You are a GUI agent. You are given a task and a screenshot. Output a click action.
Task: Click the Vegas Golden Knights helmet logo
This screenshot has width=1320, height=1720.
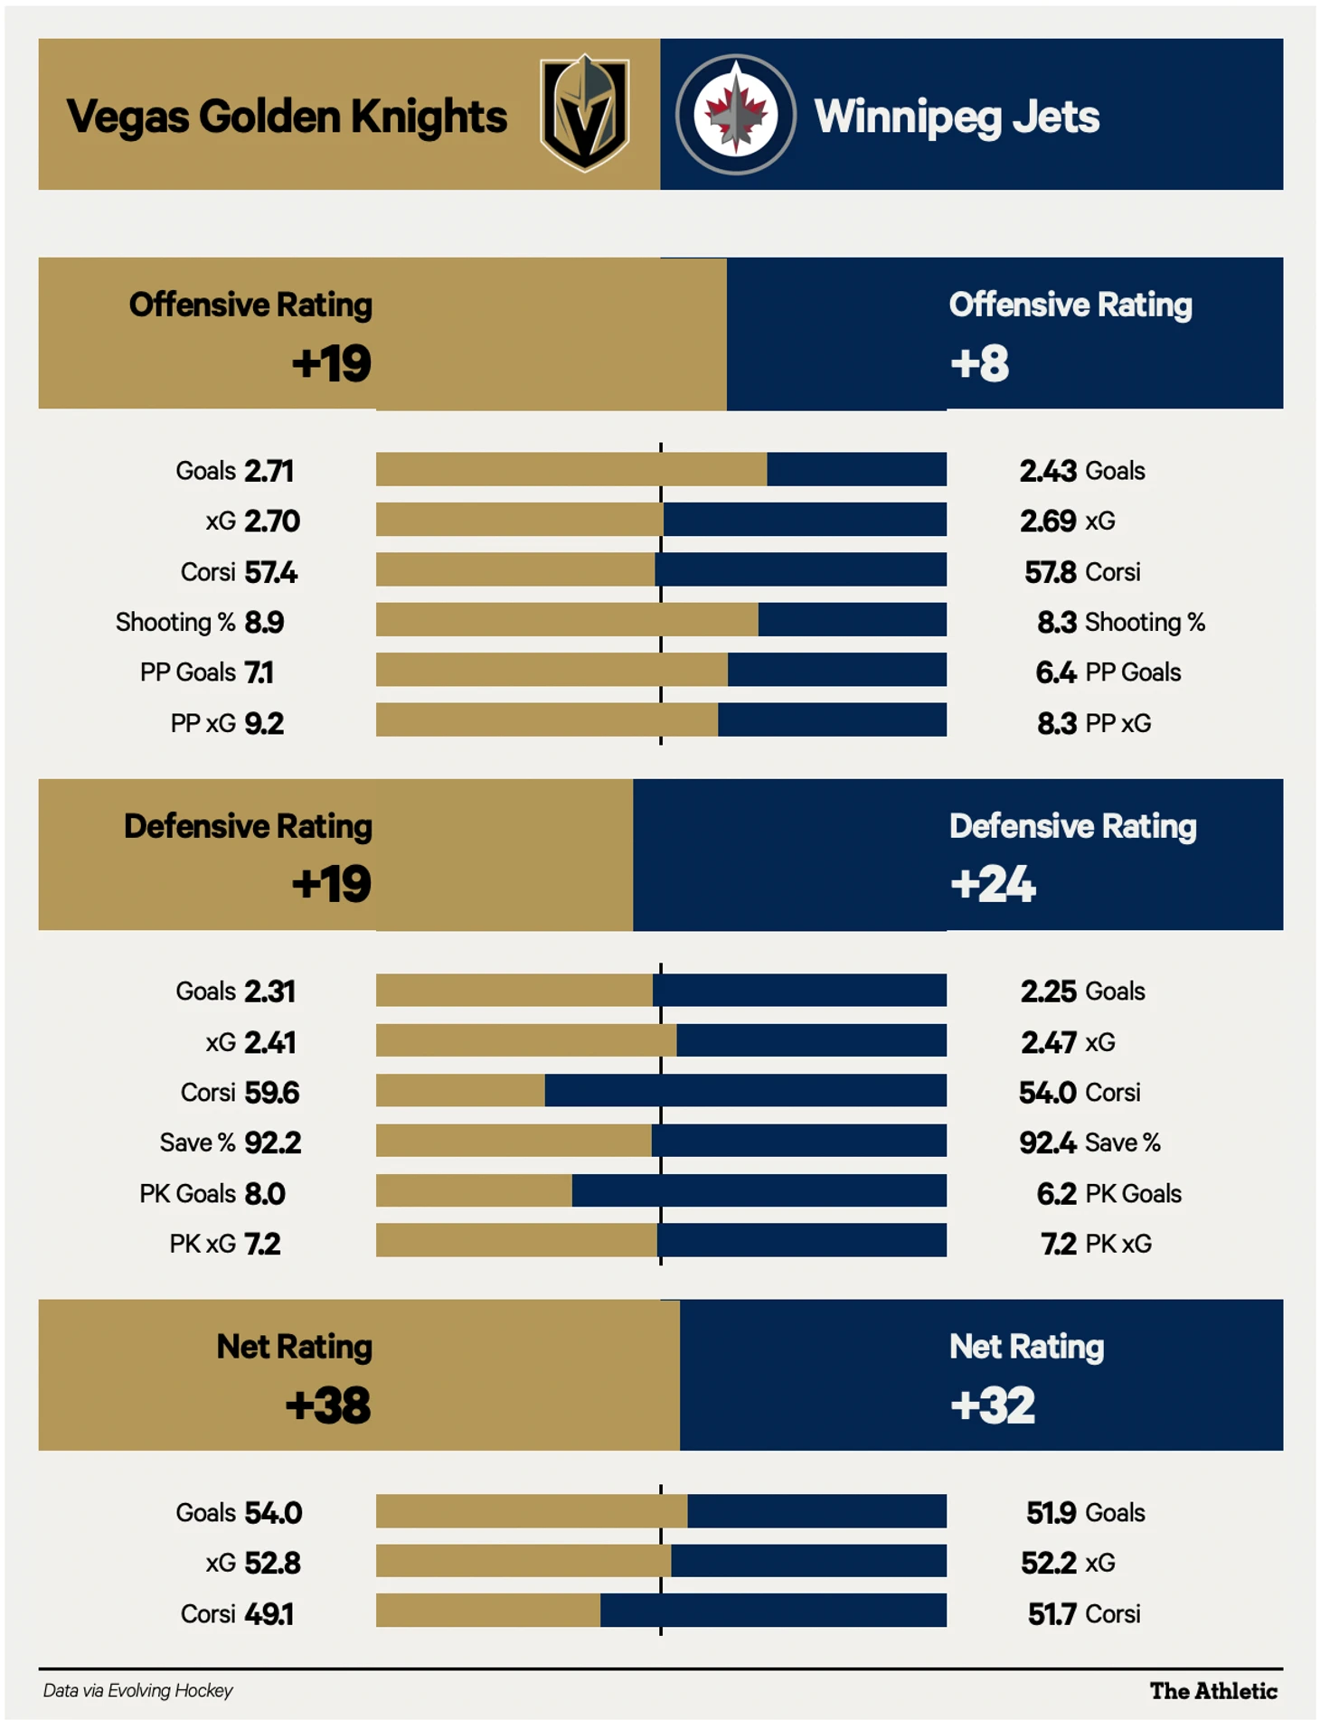pyautogui.click(x=584, y=113)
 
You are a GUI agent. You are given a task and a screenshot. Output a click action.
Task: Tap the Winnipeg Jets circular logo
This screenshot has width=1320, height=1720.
pyautogui.click(x=735, y=114)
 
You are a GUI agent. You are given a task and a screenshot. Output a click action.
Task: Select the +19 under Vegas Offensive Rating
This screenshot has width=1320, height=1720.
pyautogui.click(x=331, y=363)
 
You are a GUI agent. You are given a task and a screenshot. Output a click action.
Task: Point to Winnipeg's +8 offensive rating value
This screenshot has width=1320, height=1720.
pyautogui.click(x=979, y=363)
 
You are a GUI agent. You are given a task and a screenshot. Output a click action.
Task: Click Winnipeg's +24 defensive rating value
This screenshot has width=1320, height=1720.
pyautogui.click(x=992, y=884)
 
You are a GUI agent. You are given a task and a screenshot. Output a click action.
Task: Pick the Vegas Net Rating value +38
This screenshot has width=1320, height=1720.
pyautogui.click(x=327, y=1405)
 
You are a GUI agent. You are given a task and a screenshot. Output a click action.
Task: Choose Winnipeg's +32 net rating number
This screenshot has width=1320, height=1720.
pyautogui.click(x=992, y=1405)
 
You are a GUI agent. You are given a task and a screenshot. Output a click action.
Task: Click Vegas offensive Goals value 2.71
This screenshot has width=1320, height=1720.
pyautogui.click(x=269, y=471)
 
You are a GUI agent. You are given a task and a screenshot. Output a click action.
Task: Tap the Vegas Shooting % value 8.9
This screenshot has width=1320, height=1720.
pyautogui.click(x=264, y=622)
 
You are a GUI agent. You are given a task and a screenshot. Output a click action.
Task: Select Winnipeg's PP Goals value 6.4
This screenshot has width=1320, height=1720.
pyautogui.click(x=1055, y=672)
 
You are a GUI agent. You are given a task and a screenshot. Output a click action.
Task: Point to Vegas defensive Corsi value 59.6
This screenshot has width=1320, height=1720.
pyautogui.click(x=272, y=1093)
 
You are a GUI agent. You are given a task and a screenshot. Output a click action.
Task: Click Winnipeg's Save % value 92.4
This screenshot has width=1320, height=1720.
pyautogui.click(x=1047, y=1142)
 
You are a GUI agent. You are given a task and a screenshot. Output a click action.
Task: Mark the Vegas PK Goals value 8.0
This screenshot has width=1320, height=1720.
pyautogui.click(x=265, y=1194)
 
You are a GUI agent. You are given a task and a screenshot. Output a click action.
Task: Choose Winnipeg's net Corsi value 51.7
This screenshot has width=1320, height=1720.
pyautogui.click(x=1051, y=1613)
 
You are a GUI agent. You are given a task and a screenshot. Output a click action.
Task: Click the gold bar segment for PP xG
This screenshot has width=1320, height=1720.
pyautogui.click(x=546, y=720)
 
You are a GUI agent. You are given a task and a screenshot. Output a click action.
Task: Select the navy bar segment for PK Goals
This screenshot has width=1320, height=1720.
pyautogui.click(x=759, y=1190)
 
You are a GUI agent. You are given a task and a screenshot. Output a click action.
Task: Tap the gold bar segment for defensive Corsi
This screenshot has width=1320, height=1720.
pyautogui.click(x=460, y=1090)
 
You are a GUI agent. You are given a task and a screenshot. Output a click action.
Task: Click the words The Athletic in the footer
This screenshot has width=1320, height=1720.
pyautogui.click(x=1213, y=1691)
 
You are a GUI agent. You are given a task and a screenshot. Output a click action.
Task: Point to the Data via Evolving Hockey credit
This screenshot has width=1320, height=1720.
pyautogui.click(x=137, y=1690)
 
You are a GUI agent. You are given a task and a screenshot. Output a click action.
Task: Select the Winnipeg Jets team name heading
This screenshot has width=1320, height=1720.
pyautogui.click(x=957, y=117)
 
